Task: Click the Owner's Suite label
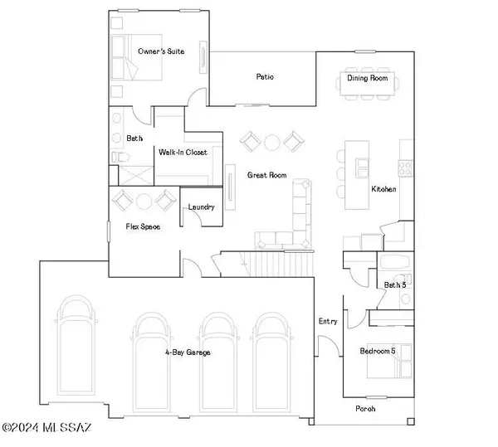[161, 51]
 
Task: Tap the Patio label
[264, 77]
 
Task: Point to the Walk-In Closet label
[183, 153]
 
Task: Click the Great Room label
[266, 175]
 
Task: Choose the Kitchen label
[383, 190]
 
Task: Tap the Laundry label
[202, 206]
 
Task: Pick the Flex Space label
[143, 226]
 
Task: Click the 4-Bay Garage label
[187, 352]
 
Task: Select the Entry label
[328, 321]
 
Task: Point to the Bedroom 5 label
[378, 352]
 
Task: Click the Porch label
[365, 408]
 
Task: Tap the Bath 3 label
[394, 285]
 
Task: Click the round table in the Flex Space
[144, 200]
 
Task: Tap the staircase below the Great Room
[281, 265]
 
